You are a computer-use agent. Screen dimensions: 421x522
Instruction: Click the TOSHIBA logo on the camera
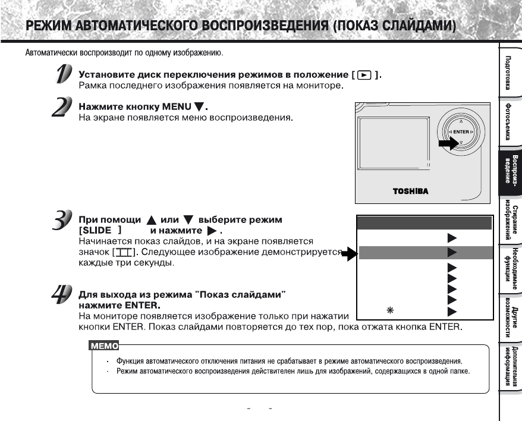[410, 192]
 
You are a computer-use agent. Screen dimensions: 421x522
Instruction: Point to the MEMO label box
[103, 345]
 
